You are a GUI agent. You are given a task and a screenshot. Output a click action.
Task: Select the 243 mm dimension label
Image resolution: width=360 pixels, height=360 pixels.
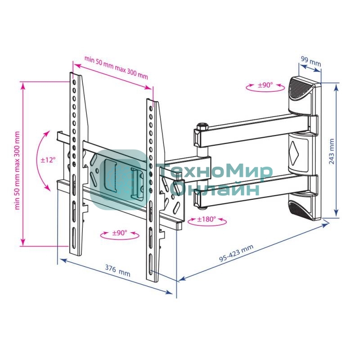click(331, 152)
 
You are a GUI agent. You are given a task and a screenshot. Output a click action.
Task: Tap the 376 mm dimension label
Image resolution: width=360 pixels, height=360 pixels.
click(117, 271)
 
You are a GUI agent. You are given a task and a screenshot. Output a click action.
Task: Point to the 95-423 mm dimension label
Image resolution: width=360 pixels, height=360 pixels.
click(236, 253)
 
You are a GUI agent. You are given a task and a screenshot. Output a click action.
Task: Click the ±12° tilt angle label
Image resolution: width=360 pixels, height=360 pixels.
click(48, 160)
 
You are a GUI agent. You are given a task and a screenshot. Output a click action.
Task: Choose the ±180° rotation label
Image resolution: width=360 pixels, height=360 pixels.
click(207, 219)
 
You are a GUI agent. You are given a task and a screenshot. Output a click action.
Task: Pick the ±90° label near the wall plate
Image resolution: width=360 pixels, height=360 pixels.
click(265, 85)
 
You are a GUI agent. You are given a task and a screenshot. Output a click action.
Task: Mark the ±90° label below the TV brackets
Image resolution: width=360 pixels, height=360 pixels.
click(120, 233)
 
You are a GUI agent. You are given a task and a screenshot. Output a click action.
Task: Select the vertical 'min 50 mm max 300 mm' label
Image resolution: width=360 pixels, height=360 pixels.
click(17, 171)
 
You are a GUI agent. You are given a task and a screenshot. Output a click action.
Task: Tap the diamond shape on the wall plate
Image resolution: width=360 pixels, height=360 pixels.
click(294, 152)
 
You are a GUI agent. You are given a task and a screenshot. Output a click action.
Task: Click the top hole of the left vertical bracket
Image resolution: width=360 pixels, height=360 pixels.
click(74, 82)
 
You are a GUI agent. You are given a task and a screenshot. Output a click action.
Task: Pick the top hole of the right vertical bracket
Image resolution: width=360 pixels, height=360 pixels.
click(151, 108)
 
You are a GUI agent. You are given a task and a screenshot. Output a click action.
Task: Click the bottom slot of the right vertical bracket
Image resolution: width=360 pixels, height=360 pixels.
click(151, 263)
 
